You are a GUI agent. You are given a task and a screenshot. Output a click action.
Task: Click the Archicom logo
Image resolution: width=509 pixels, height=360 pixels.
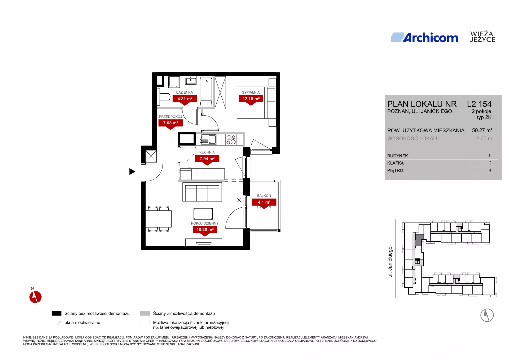click(x=424, y=38)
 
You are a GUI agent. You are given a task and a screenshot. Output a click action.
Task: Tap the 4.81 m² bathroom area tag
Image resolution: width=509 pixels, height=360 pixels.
click(x=185, y=100)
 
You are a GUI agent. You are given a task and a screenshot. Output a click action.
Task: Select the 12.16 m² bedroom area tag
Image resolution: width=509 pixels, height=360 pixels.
click(x=251, y=100)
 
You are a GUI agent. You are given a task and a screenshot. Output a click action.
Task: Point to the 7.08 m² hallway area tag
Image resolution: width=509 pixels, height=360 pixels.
click(x=170, y=124)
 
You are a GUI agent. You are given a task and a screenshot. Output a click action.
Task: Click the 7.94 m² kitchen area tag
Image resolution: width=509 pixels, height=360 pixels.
click(x=207, y=160)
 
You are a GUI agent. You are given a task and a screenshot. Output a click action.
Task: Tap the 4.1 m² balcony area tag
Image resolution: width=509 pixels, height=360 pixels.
click(x=264, y=203)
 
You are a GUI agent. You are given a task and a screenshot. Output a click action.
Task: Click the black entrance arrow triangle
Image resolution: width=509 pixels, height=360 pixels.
click(x=132, y=172)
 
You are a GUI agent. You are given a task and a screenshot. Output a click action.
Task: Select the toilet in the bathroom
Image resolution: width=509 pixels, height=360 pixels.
click(x=164, y=97)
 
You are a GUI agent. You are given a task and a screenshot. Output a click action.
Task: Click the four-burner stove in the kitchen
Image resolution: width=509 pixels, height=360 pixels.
click(x=231, y=140)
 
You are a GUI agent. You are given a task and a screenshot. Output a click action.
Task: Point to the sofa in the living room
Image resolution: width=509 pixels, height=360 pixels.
click(x=202, y=192)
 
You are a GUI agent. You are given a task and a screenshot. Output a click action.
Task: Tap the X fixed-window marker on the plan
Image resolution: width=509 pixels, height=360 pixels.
click(x=239, y=200)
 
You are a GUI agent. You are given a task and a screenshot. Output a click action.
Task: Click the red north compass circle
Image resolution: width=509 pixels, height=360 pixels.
click(x=36, y=297)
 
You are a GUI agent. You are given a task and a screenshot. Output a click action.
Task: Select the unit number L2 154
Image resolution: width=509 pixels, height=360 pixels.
click(x=479, y=104)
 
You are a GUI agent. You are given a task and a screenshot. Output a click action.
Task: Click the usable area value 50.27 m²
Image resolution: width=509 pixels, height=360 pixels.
click(x=482, y=130)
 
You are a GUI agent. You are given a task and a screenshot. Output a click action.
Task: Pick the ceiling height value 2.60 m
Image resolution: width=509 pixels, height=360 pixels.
click(x=484, y=138)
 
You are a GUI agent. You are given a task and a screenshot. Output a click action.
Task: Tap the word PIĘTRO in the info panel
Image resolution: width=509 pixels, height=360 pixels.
click(x=395, y=170)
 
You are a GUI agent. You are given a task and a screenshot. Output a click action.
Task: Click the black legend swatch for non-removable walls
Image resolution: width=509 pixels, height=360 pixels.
click(x=56, y=313)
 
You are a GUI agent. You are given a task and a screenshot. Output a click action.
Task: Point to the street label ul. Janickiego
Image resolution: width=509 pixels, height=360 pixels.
click(x=390, y=262)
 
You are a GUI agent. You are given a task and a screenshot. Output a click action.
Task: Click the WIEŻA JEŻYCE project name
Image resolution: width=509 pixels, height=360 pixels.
click(x=482, y=37)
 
